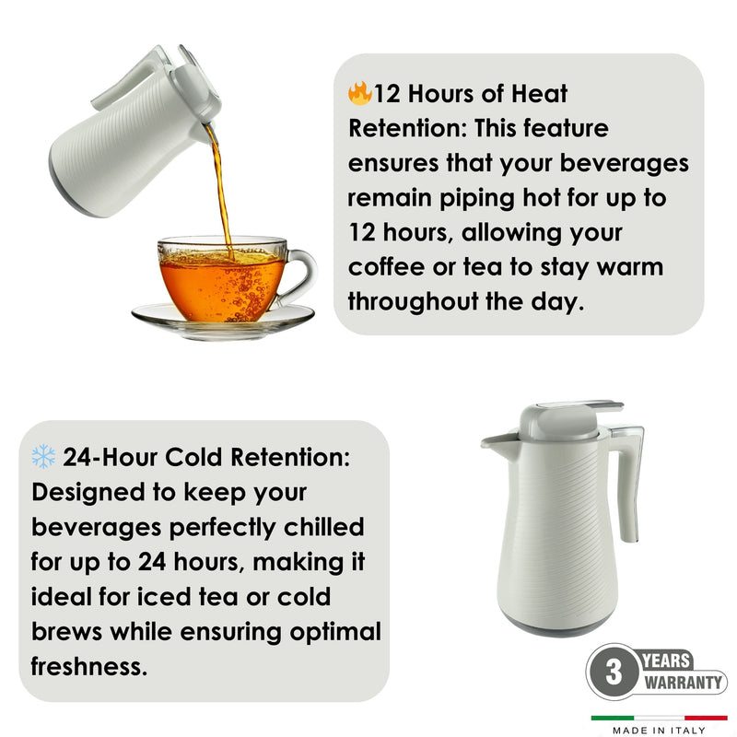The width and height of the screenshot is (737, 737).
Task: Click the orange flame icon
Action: pyautogui.click(x=359, y=93)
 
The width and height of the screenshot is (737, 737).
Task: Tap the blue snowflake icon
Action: pyautogui.click(x=43, y=456)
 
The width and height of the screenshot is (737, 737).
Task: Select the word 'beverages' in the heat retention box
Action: pyautogui.click(x=625, y=164)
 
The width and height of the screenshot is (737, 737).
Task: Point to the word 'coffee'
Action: pyautogui.click(x=386, y=266)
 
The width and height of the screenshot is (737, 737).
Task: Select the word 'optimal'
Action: pyautogui.click(x=335, y=632)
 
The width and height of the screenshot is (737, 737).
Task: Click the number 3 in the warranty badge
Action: pyautogui.click(x=614, y=672)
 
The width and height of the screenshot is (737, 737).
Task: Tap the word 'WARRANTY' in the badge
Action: pyautogui.click(x=683, y=682)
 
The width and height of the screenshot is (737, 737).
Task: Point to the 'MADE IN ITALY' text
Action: pyautogui.click(x=659, y=730)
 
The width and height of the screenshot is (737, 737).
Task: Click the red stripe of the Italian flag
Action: pyautogui.click(x=706, y=718)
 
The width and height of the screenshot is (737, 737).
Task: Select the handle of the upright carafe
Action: pyautogui.click(x=630, y=479)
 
